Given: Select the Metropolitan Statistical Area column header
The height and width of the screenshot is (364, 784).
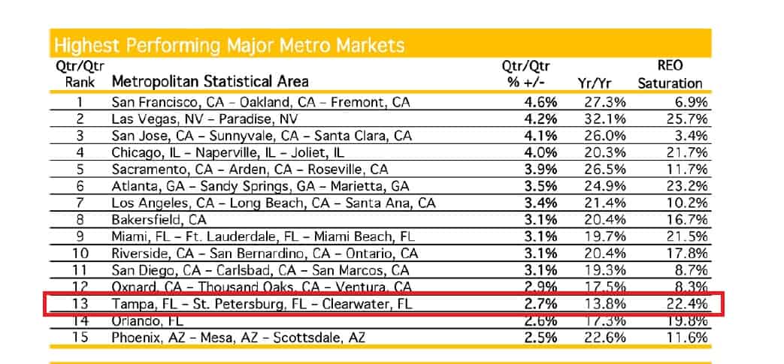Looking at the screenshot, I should click(x=210, y=81).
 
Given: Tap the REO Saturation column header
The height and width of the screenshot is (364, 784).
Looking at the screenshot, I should click(x=670, y=74).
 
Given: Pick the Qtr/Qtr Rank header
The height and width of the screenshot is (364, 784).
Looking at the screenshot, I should click(x=81, y=74).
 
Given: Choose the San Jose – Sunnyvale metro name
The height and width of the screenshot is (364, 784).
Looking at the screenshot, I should click(x=262, y=136).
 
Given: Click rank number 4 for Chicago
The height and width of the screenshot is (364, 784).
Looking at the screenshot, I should click(x=80, y=153).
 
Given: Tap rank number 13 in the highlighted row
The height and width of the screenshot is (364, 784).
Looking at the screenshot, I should click(x=80, y=305).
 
